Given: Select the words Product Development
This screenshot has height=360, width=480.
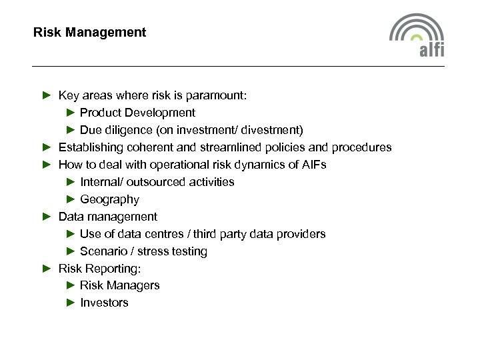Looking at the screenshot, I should (137, 113).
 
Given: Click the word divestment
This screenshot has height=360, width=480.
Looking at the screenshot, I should (273, 130).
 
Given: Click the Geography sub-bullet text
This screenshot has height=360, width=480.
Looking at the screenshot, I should (109, 199).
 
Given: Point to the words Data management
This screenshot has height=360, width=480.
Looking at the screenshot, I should (108, 217).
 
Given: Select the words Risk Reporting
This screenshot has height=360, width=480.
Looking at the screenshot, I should (100, 269).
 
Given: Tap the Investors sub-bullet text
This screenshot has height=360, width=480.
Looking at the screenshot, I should (104, 303).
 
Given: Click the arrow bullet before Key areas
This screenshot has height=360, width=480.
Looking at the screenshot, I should (46, 95).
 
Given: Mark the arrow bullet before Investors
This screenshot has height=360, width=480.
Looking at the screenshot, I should (71, 303).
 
